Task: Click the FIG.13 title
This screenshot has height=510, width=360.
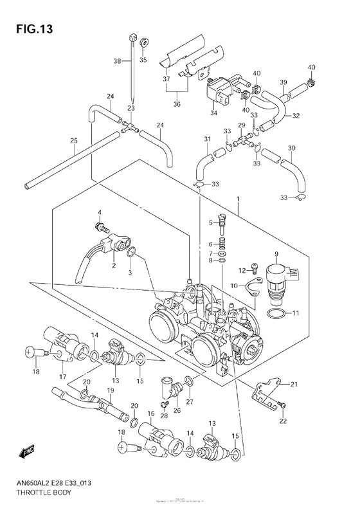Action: (x=31, y=28)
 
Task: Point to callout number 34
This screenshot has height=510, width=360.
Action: (x=213, y=113)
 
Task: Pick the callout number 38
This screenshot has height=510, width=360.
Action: (x=117, y=61)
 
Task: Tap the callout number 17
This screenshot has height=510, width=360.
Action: (x=62, y=376)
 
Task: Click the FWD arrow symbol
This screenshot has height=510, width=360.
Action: (x=27, y=454)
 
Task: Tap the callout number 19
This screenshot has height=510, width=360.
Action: (x=110, y=390)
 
